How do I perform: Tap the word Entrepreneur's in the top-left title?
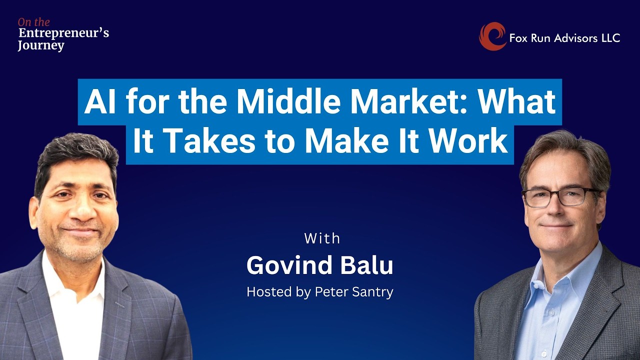(63, 33)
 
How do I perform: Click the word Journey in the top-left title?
(41, 46)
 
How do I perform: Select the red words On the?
(34, 22)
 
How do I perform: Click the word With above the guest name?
(322, 238)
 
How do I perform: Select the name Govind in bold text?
(288, 266)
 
